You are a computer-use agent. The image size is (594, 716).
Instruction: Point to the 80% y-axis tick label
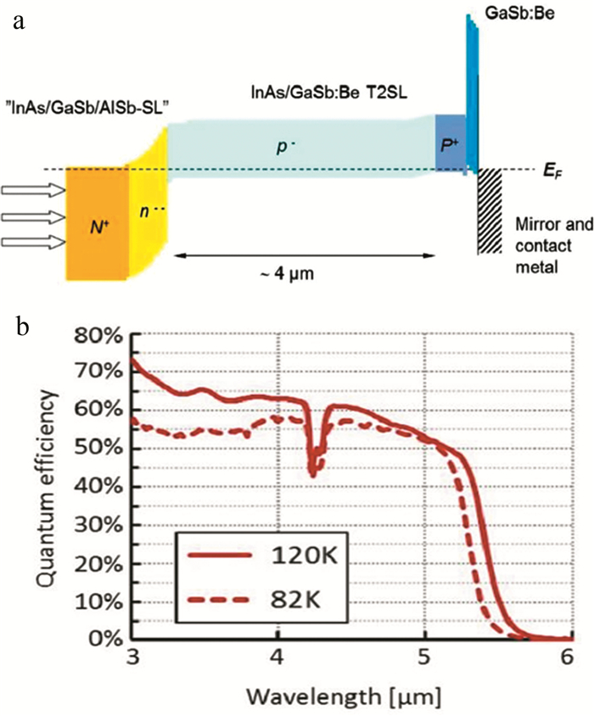[x=101, y=336]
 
